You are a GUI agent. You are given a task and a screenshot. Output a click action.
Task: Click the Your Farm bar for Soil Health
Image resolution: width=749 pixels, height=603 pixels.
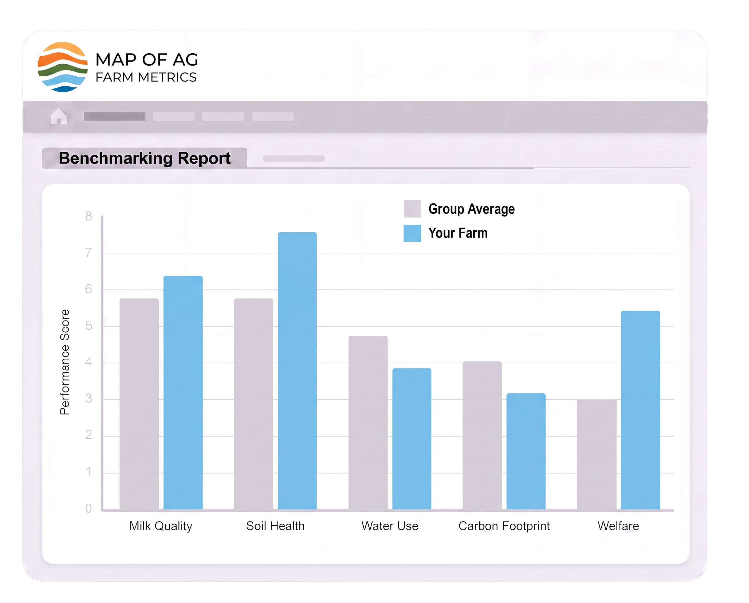pyautogui.click(x=297, y=371)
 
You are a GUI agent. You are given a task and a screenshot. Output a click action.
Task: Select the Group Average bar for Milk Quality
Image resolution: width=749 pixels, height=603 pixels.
pyautogui.click(x=139, y=404)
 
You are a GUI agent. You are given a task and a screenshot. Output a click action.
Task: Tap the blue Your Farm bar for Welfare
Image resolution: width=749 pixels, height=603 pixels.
pyautogui.click(x=640, y=410)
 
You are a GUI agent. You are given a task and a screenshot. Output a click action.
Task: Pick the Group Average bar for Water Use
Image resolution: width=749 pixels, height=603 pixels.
pyautogui.click(x=368, y=423)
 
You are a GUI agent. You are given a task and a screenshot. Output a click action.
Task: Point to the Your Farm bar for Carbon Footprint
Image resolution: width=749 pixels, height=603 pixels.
pyautogui.click(x=526, y=451)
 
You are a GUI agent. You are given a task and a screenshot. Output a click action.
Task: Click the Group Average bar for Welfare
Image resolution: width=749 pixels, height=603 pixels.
pyautogui.click(x=597, y=454)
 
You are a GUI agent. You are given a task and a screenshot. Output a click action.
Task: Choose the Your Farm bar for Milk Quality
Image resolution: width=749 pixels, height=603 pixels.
pyautogui.click(x=183, y=392)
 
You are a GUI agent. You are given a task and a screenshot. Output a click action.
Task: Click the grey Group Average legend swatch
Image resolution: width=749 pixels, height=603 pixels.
pyautogui.click(x=412, y=209)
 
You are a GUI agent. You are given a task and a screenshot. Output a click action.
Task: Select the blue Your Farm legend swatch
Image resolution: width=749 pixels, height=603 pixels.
pyautogui.click(x=412, y=233)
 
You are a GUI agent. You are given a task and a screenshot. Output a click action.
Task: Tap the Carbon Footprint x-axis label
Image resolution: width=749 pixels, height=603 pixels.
pyautogui.click(x=504, y=526)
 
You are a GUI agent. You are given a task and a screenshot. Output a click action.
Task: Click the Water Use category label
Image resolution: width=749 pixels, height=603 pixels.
pyautogui.click(x=390, y=526)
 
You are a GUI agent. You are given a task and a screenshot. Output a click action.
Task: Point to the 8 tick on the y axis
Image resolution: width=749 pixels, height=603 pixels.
pyautogui.click(x=89, y=216)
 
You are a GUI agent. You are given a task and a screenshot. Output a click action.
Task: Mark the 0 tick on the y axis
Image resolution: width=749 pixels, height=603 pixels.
pyautogui.click(x=89, y=508)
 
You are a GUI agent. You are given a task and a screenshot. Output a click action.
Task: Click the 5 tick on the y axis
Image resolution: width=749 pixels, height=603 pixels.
pyautogui.click(x=89, y=326)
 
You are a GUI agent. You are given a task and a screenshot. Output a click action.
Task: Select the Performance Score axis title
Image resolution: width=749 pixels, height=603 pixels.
pyautogui.click(x=65, y=362)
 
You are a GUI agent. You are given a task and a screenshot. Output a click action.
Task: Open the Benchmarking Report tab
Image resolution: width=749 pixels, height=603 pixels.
pyautogui.click(x=145, y=159)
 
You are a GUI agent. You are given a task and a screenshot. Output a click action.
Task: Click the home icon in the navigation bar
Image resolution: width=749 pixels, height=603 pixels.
pyautogui.click(x=59, y=116)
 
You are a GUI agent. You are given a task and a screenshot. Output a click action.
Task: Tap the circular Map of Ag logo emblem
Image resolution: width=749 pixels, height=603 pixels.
pyautogui.click(x=62, y=67)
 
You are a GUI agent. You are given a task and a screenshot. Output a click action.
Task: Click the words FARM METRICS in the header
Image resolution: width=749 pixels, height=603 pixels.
pyautogui.click(x=146, y=77)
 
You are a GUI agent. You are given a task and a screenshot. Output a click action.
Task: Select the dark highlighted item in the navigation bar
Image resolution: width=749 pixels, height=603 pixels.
pyautogui.click(x=114, y=116)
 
